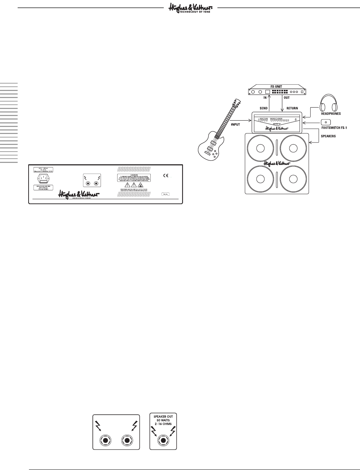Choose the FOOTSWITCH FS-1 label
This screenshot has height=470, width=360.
(334, 128)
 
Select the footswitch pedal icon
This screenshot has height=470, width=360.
(326, 122)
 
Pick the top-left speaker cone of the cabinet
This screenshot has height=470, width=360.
(260, 148)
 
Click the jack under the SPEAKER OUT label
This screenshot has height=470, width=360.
(163, 440)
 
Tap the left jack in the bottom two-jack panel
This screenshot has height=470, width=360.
(106, 440)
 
